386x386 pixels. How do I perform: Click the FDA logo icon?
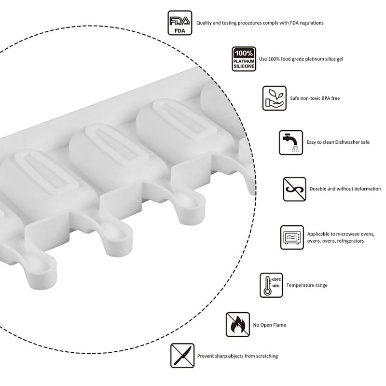tap(179, 23)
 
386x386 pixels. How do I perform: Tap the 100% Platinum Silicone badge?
tap(244, 59)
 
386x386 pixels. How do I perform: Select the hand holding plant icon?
tap(274, 98)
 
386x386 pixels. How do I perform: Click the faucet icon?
tap(291, 142)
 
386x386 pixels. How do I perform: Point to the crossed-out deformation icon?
tap(294, 189)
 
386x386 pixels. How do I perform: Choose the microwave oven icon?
tap(292, 237)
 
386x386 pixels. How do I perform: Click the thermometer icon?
tap(271, 285)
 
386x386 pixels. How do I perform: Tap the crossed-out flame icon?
tap(237, 324)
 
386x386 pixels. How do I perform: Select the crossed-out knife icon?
tap(182, 356)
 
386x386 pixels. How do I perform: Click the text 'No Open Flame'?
tap(269, 325)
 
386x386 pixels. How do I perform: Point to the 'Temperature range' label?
tap(307, 285)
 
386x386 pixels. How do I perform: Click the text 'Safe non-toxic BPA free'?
tap(315, 98)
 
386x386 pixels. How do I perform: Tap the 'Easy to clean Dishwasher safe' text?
tap(338, 142)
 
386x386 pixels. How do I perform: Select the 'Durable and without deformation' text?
tap(345, 189)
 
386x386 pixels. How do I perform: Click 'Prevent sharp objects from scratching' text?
tap(237, 356)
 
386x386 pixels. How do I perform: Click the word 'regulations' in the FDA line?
tap(311, 23)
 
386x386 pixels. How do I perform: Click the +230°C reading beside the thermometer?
tap(276, 280)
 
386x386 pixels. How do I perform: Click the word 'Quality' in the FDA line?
tap(204, 23)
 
